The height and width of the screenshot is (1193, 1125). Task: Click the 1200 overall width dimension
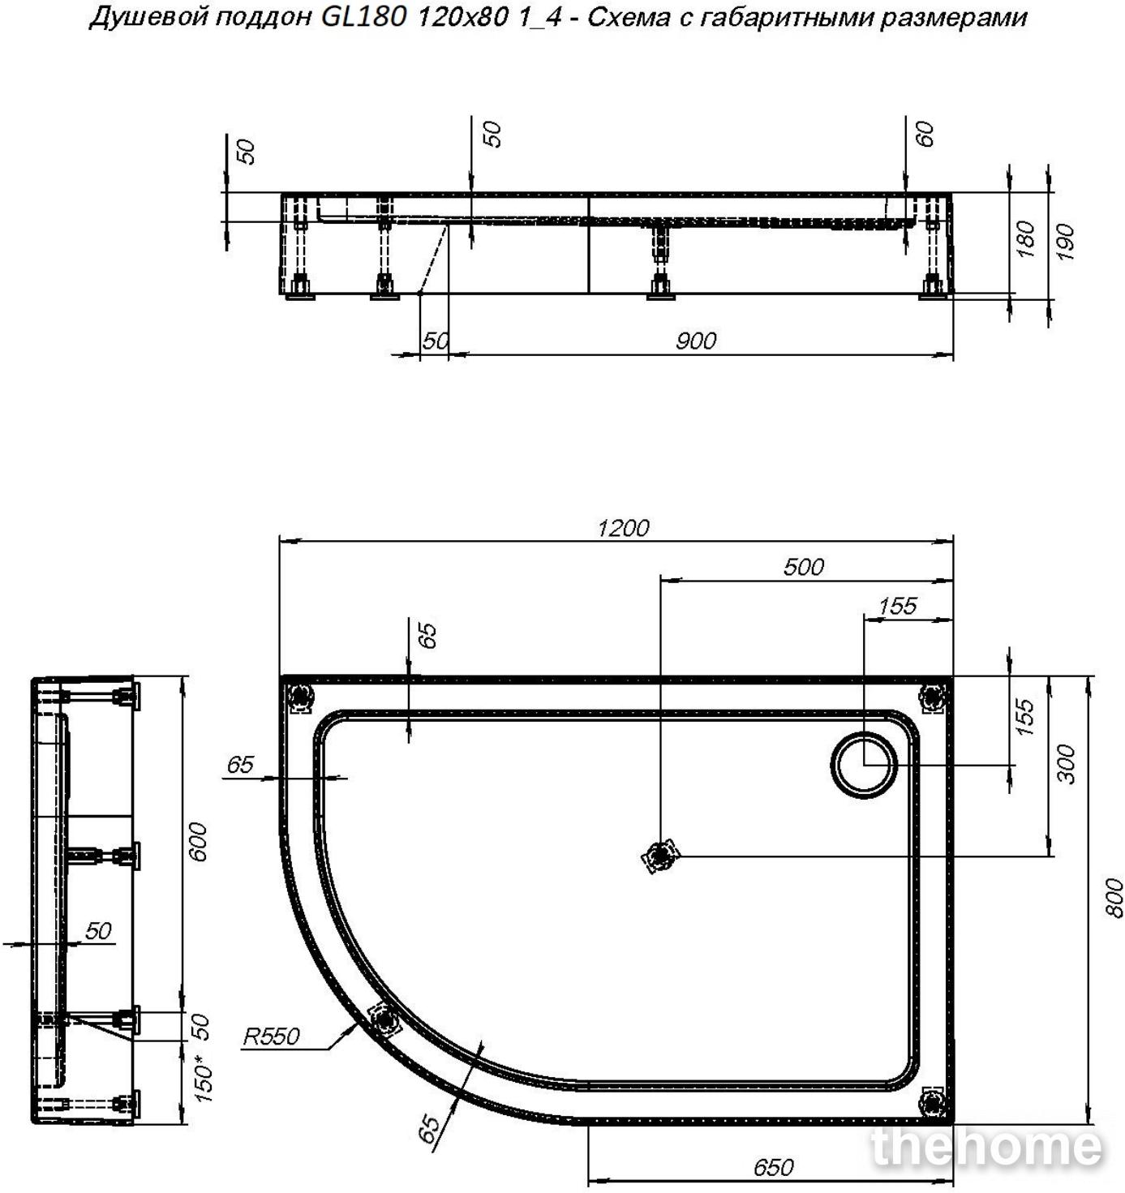tap(623, 529)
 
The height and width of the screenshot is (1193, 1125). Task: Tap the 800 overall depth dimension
tap(1114, 898)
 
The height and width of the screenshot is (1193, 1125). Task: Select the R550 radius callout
tap(271, 1036)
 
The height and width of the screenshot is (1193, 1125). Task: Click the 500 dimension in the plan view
tap(804, 567)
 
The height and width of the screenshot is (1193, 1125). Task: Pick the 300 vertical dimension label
tap(1066, 764)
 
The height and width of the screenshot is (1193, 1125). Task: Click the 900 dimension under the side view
tap(696, 341)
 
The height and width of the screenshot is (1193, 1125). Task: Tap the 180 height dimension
tap(1026, 239)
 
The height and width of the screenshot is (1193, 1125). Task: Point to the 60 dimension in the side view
tap(926, 133)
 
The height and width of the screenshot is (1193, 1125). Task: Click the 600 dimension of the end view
tap(199, 842)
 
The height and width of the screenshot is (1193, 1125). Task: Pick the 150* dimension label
tap(204, 1082)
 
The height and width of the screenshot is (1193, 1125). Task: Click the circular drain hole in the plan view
tap(864, 765)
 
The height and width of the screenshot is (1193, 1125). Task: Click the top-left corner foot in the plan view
tap(300, 697)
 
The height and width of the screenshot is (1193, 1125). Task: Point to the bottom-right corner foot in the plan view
tap(932, 1103)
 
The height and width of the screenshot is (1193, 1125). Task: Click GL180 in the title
tap(363, 18)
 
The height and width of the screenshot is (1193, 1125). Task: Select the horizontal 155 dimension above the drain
tap(897, 606)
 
